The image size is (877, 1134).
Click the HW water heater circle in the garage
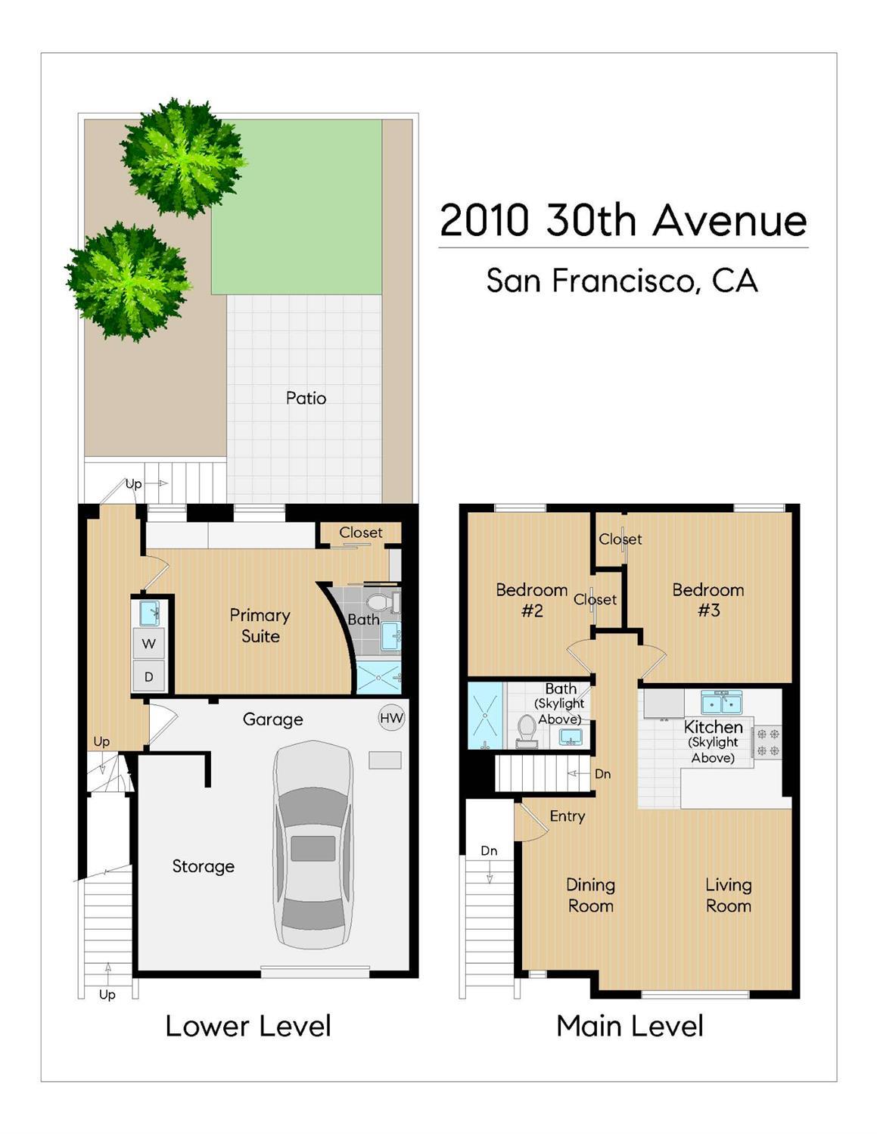point(391,718)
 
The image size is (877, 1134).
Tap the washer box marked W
point(149,644)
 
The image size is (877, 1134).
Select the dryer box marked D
point(149,676)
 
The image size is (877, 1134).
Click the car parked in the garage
point(313,844)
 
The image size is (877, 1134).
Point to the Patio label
point(306,398)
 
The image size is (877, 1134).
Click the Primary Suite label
point(260,626)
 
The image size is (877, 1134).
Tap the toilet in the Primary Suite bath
point(381,603)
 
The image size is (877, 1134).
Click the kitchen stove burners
point(768,742)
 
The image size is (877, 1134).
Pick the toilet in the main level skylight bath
point(526,729)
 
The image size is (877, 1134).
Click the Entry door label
point(567,816)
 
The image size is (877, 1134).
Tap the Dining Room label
point(590,895)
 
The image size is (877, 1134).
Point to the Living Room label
point(728,895)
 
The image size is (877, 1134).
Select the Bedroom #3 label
point(708,600)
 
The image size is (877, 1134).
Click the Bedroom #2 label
point(531,600)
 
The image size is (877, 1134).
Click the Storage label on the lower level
point(203,866)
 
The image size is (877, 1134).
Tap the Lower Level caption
point(248,1027)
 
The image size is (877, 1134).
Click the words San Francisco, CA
point(621,281)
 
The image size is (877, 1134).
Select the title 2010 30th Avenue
point(623,220)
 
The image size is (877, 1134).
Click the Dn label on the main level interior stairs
point(602,774)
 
